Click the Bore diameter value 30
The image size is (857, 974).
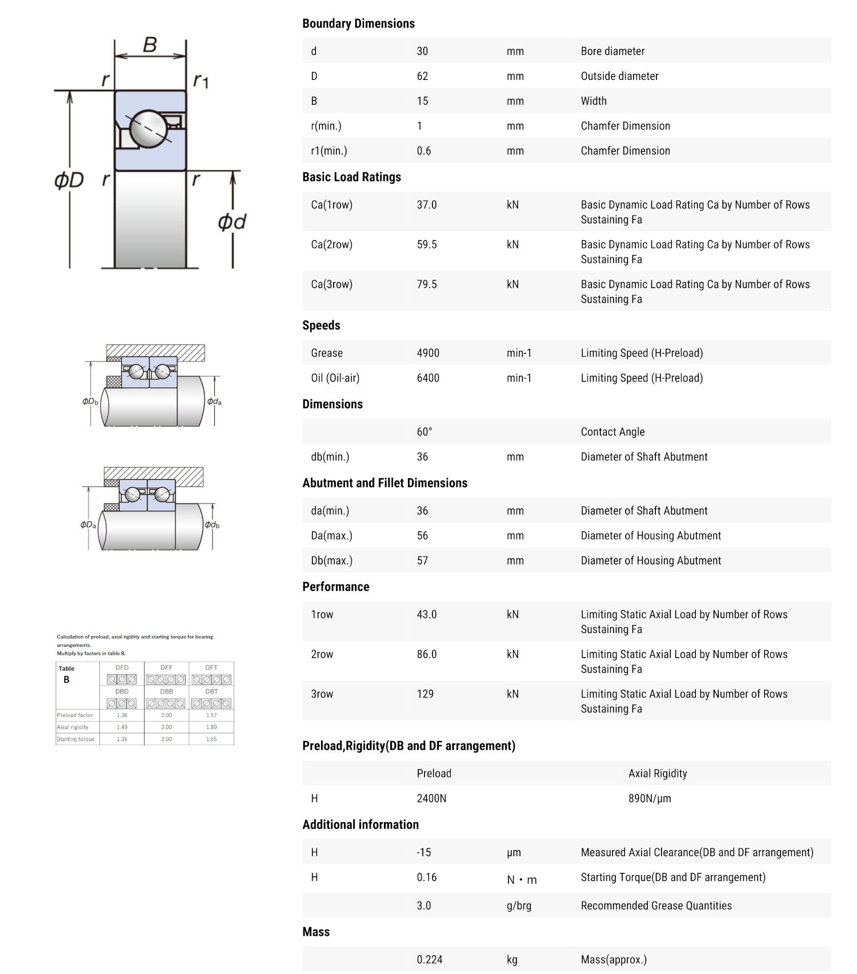point(422,51)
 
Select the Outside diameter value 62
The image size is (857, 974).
point(422,77)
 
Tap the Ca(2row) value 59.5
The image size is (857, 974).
point(426,245)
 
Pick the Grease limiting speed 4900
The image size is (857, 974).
point(428,353)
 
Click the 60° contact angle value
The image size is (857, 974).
point(425,432)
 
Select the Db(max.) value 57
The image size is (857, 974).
point(422,561)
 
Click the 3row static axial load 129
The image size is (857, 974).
point(425,694)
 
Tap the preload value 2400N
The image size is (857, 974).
point(431,799)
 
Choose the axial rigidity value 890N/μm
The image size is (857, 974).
point(650,799)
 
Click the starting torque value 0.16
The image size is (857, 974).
point(426,878)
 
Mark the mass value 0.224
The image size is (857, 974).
point(429,960)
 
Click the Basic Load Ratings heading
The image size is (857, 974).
point(351,178)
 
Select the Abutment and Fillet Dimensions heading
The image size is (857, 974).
point(385,484)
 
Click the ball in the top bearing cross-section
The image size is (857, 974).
point(149,128)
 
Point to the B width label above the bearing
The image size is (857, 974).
point(150,45)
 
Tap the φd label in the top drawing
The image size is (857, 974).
point(231,222)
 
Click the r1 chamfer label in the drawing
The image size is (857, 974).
point(201,81)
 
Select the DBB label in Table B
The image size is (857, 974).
point(166,691)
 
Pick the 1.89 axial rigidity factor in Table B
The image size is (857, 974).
point(211,727)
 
